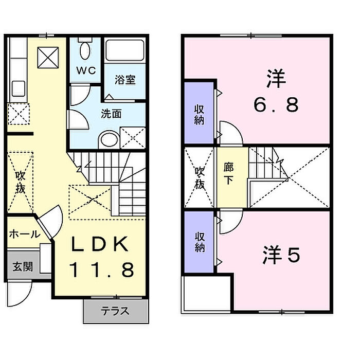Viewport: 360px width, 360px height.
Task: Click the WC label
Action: point(86,70)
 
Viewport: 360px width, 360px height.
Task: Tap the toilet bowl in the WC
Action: point(85,51)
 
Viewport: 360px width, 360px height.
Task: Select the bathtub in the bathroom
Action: point(124,50)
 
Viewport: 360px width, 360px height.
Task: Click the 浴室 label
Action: point(125,80)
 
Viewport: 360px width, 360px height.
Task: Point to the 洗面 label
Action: point(111,114)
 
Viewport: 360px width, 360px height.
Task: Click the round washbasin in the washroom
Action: point(110,139)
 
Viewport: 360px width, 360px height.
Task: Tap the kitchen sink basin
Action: point(19,88)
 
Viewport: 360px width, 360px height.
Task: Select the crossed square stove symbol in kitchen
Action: point(48,58)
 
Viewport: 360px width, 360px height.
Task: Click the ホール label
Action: point(25,234)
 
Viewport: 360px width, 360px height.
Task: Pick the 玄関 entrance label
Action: point(23,266)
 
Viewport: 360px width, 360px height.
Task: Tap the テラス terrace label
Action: point(115,311)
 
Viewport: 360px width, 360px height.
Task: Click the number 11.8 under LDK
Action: point(102,270)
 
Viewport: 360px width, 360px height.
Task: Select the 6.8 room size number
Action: point(276,105)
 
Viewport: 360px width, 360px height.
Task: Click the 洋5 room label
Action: point(281,255)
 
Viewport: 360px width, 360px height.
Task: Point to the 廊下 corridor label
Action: point(228,173)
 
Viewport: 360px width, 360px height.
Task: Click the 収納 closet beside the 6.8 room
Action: point(199,115)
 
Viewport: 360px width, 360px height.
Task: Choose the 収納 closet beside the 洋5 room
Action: point(200,242)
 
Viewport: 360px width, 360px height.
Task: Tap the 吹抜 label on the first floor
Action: point(20,183)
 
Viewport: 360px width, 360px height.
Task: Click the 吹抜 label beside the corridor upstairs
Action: point(200,178)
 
